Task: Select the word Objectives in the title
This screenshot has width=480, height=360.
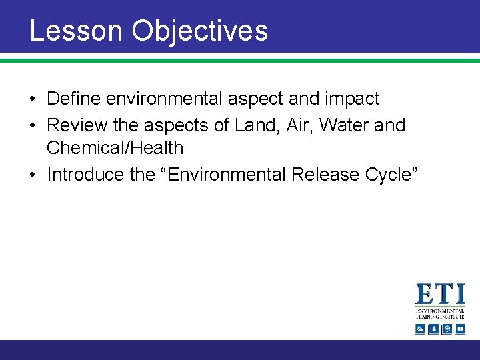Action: (x=199, y=31)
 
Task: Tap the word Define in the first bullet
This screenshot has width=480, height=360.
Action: (x=74, y=99)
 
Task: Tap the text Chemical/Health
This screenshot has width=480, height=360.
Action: (x=115, y=148)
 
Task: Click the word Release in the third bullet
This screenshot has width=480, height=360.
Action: (x=323, y=175)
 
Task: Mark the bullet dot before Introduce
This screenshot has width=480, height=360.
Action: (x=33, y=175)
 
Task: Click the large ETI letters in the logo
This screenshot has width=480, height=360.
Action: (x=440, y=295)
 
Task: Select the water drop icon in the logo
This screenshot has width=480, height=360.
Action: (x=433, y=329)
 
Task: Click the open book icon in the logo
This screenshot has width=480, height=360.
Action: (x=459, y=329)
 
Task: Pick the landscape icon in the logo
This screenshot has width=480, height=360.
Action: (x=420, y=329)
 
